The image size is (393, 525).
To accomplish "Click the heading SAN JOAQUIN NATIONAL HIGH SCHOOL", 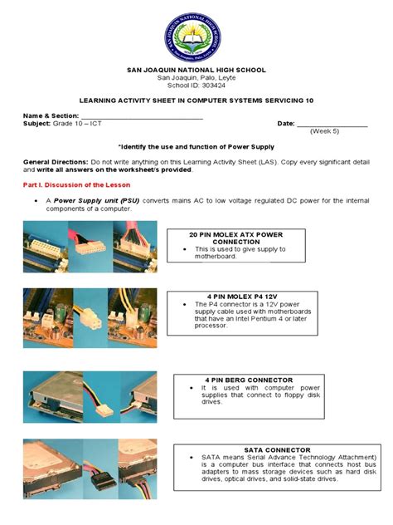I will click(196, 70).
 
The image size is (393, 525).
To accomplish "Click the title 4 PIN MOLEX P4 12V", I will click(231, 295).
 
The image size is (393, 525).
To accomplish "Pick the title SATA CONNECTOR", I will click(277, 449).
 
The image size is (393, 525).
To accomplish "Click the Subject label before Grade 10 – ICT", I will click(37, 124).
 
